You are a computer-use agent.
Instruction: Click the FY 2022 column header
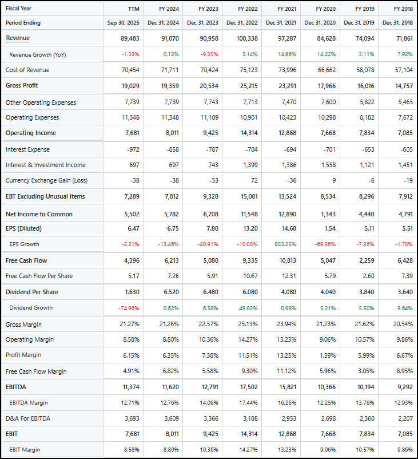coord(248,9)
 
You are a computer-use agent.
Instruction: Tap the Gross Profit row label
coord(22,85)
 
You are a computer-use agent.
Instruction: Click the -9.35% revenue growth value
coord(210,54)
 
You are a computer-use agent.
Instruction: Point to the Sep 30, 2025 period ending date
coord(124,23)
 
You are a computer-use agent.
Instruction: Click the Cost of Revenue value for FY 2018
coord(401,70)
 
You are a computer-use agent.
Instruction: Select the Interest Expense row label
coord(27,149)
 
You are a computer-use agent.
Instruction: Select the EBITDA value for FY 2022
coord(248,387)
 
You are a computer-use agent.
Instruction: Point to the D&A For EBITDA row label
coord(28,418)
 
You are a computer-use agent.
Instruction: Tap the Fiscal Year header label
coord(18,9)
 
